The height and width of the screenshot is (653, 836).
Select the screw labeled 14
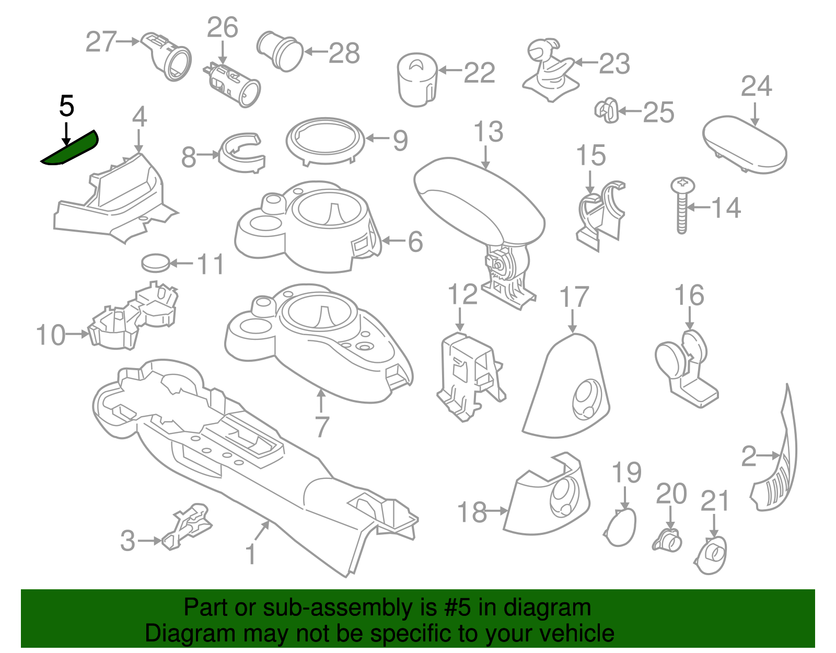tap(682, 205)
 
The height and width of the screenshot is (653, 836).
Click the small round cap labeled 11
tap(155, 262)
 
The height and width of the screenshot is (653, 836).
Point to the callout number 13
tap(488, 132)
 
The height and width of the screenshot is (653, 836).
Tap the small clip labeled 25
tap(607, 110)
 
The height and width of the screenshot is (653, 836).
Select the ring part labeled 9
tap(326, 141)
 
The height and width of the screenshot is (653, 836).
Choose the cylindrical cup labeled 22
tap(417, 79)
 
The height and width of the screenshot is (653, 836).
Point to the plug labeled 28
tap(280, 52)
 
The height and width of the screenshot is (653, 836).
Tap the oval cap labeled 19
tap(620, 527)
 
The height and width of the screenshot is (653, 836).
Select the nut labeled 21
tap(711, 555)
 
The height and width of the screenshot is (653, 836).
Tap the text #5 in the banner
tap(457, 607)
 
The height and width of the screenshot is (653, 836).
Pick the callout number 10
tap(51, 335)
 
